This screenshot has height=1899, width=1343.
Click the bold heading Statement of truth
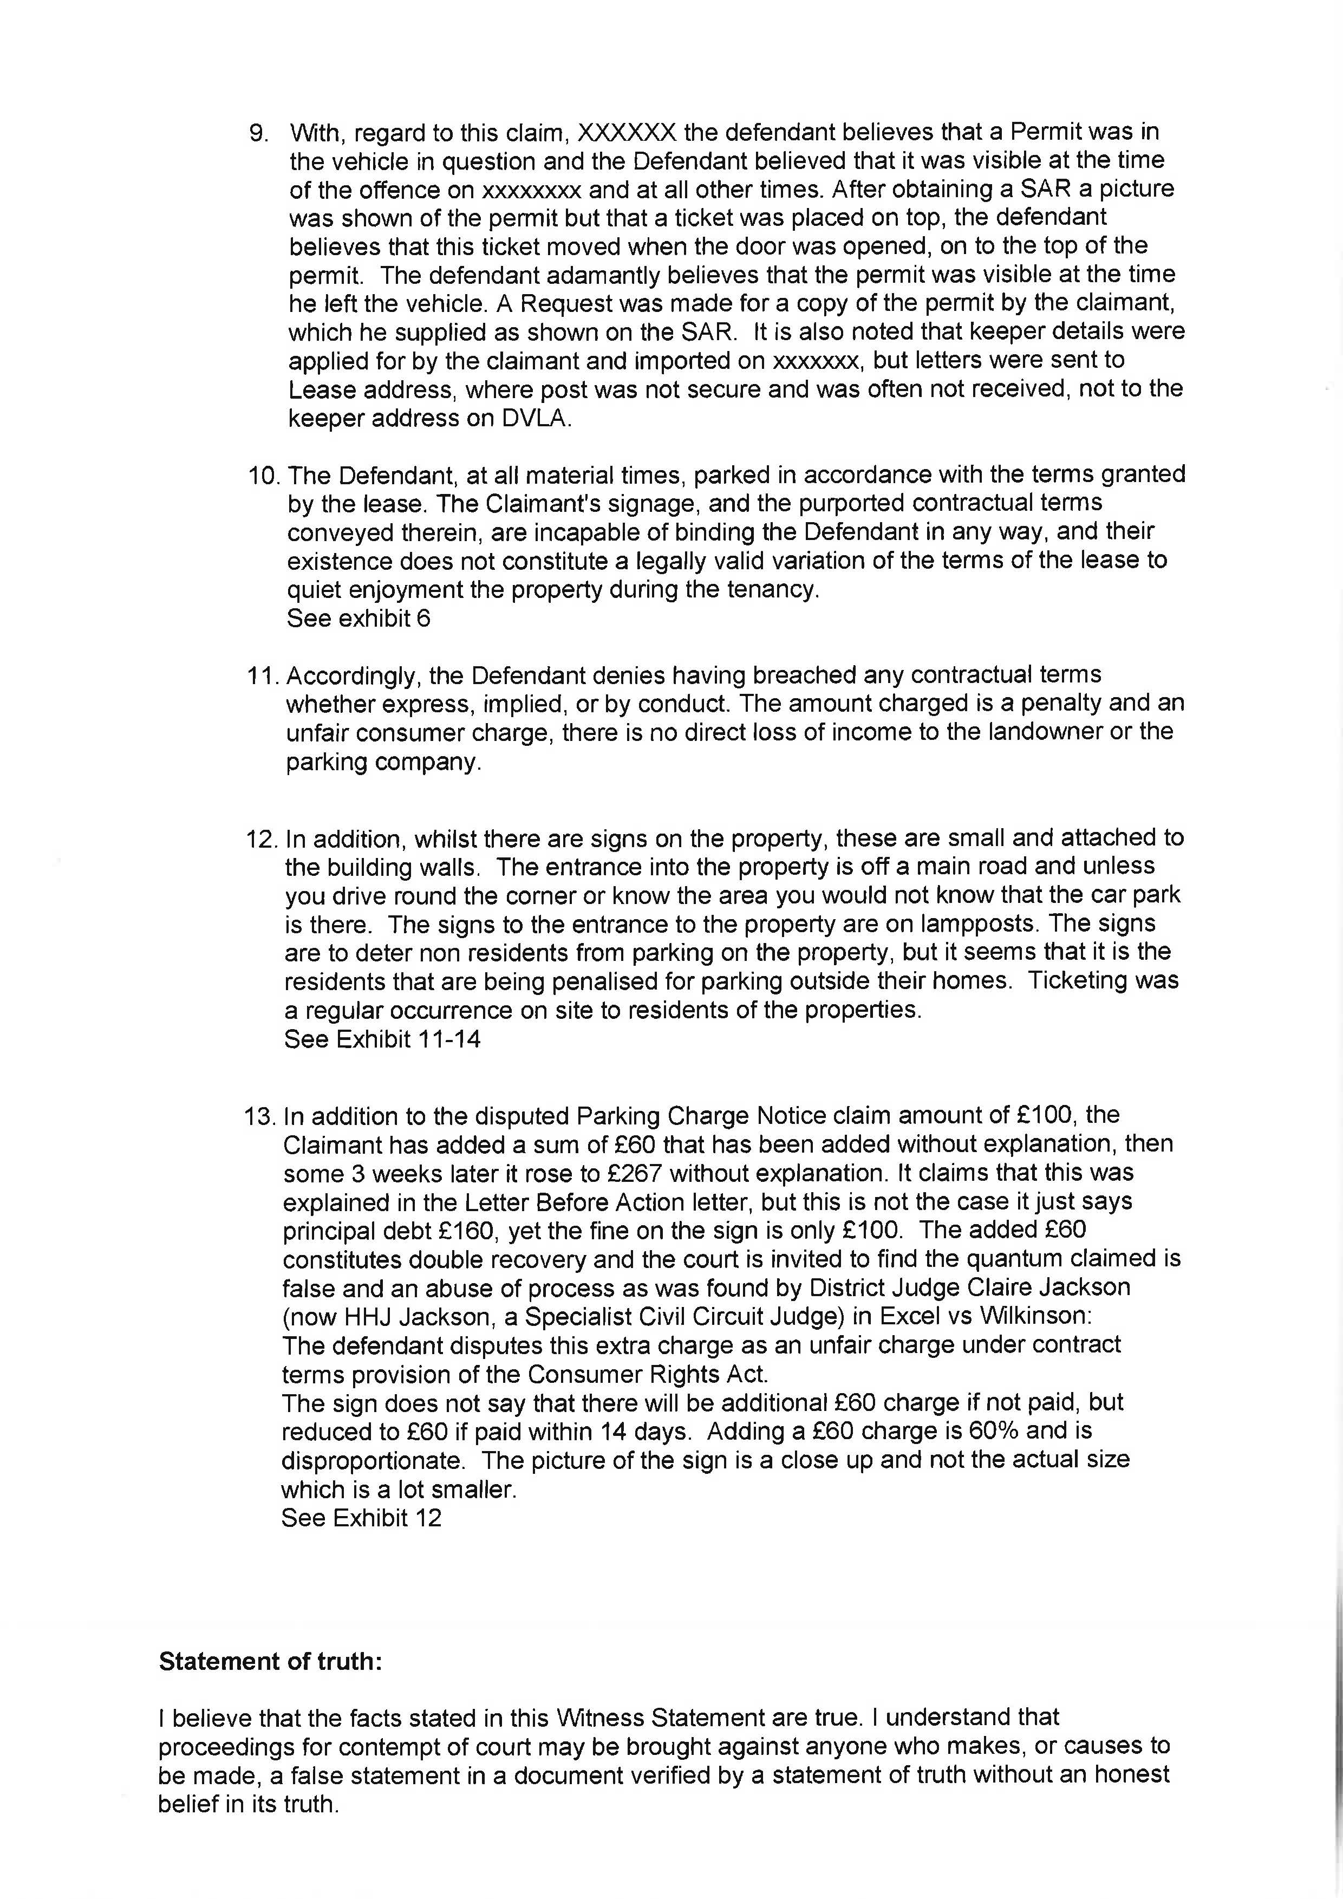coord(270,1662)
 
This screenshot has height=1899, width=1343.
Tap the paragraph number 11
coord(262,676)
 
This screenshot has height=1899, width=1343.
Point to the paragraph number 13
coord(259,1116)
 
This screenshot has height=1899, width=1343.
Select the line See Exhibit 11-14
coord(382,1039)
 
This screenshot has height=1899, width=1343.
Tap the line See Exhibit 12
coord(361,1518)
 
